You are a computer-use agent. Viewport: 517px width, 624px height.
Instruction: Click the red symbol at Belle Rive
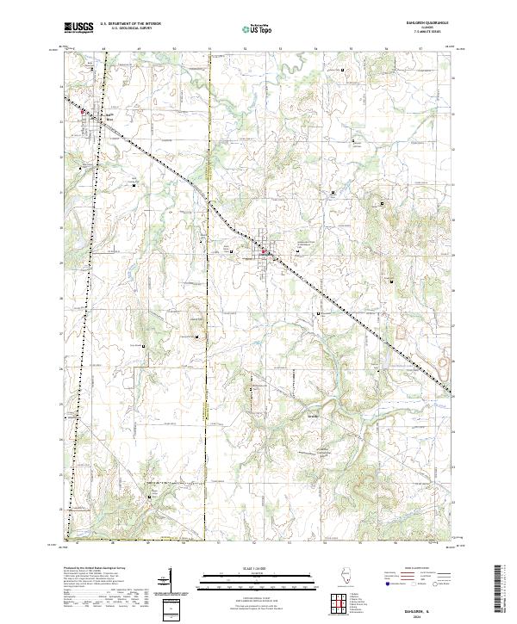click(83, 111)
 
